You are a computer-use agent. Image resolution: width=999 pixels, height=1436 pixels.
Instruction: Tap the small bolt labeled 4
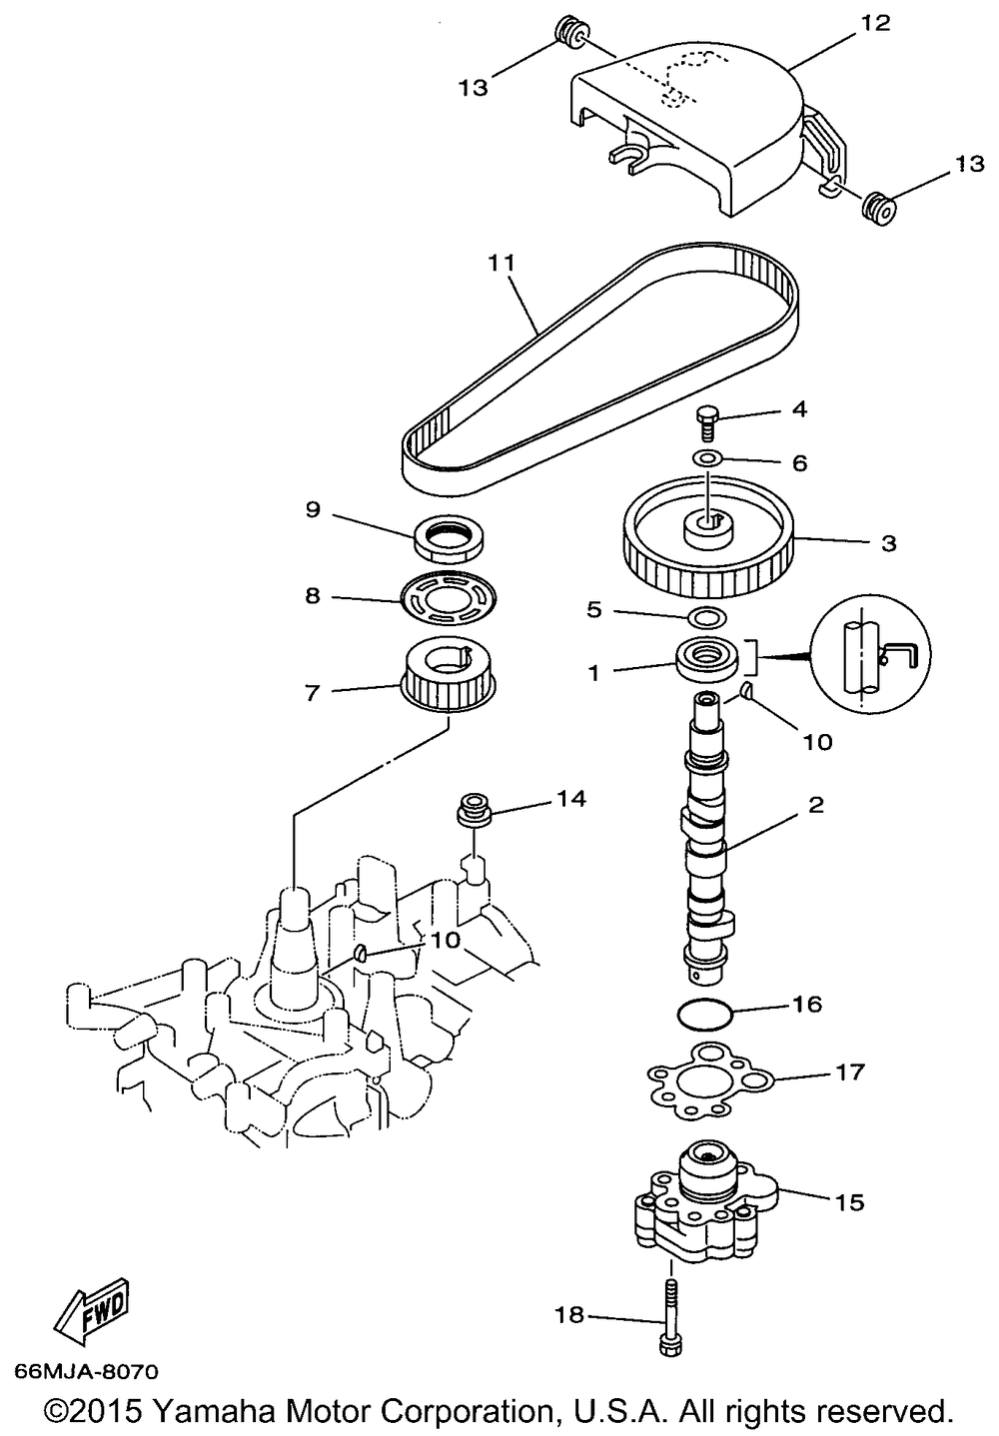[707, 419]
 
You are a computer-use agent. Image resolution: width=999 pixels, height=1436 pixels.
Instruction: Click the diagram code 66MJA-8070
[86, 1373]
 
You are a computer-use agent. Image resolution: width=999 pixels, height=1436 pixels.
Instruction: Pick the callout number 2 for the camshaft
[816, 805]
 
